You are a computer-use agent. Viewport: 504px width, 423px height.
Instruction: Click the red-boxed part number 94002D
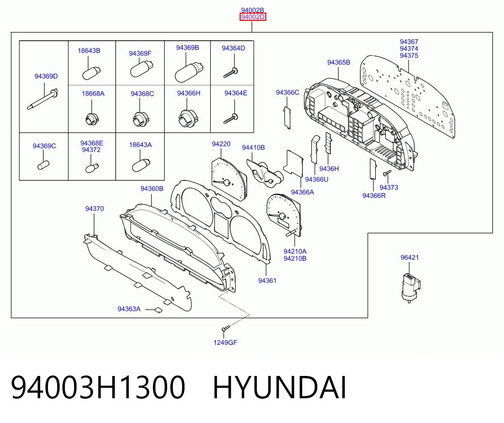click(x=253, y=17)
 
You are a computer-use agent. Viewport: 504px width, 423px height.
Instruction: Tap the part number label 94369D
click(x=46, y=76)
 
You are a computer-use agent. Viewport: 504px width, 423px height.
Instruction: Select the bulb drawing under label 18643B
click(x=92, y=73)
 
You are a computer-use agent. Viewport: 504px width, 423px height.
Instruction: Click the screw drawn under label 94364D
click(x=230, y=73)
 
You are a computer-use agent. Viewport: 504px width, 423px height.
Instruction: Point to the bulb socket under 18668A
click(x=92, y=119)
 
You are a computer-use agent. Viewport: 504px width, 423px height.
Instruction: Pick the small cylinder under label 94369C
click(x=43, y=165)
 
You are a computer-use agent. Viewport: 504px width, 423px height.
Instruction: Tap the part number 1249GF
click(x=225, y=342)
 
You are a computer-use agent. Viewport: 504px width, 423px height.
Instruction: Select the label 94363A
click(x=129, y=309)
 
